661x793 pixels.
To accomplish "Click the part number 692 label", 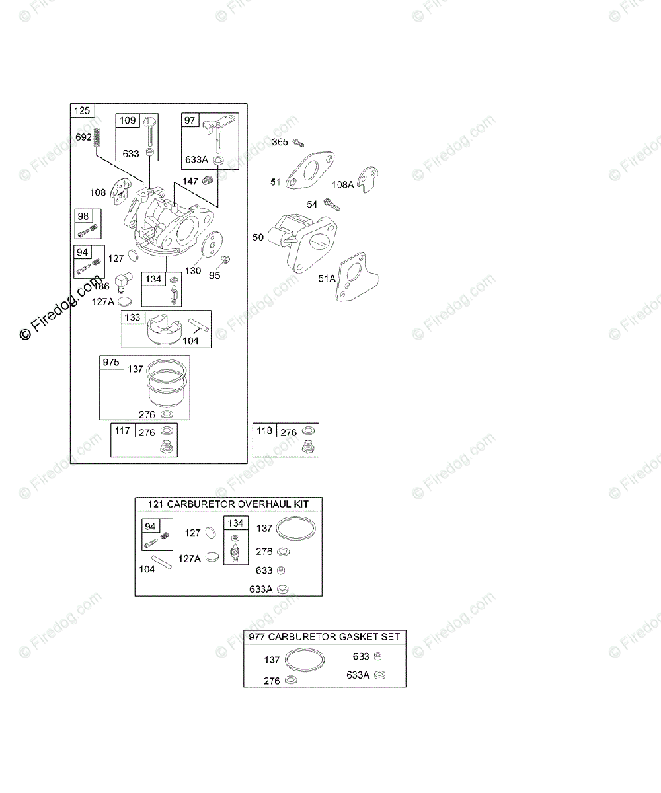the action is click(83, 137).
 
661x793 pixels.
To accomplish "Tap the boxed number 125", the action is click(83, 110).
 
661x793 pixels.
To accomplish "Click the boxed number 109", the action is click(128, 120).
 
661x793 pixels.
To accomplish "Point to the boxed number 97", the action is click(190, 120).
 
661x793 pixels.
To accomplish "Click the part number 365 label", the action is click(280, 142).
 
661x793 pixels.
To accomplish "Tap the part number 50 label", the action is click(258, 236).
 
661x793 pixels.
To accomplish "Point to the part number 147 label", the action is click(190, 181).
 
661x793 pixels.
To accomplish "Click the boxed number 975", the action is click(110, 361).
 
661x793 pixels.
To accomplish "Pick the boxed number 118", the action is click(264, 431).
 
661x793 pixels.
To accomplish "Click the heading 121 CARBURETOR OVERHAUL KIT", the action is click(228, 504).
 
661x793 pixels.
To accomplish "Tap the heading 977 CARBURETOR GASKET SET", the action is click(325, 637).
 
